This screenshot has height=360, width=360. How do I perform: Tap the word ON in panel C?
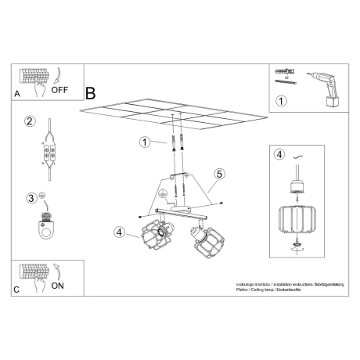click(58, 286)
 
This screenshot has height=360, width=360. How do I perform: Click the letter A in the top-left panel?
click(17, 94)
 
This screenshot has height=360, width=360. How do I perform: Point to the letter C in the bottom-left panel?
click(17, 290)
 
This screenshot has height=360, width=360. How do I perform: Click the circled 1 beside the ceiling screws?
click(144, 142)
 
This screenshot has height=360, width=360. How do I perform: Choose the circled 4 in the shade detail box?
click(279, 154)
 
